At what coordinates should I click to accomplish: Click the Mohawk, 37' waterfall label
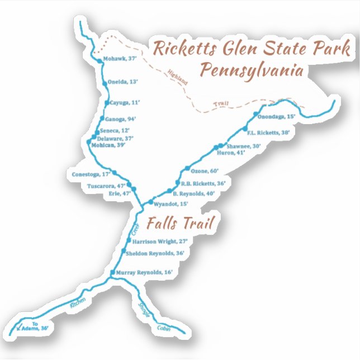(x=120, y=58)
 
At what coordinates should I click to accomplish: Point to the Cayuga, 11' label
(x=124, y=102)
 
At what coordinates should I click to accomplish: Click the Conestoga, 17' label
(x=90, y=174)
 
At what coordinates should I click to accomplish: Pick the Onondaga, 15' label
(x=276, y=116)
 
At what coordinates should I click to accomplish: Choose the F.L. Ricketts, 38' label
(x=268, y=132)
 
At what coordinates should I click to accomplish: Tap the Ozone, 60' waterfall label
(x=205, y=170)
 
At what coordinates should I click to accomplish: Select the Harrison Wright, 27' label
(x=159, y=241)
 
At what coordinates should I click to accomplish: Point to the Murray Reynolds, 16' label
(x=144, y=272)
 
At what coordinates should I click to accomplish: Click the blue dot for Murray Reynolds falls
(x=113, y=272)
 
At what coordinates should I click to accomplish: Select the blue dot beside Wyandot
(x=150, y=202)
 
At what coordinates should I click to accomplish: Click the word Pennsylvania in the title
(x=252, y=71)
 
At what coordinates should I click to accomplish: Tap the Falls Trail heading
(x=181, y=224)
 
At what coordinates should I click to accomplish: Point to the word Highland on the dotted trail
(x=177, y=77)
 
